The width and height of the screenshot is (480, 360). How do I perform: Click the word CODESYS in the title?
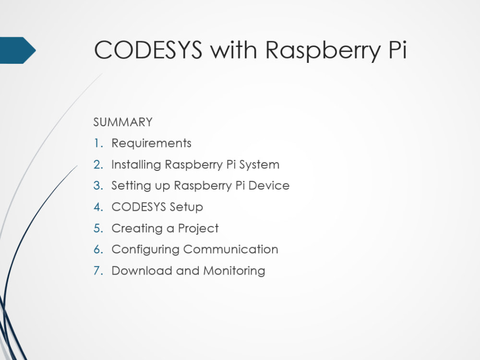point(148,50)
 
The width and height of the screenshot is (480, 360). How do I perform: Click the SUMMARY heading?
point(123,122)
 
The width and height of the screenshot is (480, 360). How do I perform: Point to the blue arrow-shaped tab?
point(17,50)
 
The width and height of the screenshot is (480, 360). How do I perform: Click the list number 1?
point(98,143)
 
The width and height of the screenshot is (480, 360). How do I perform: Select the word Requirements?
point(151,143)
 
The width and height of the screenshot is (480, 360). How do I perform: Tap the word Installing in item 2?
point(136,165)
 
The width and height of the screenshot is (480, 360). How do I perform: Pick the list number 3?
point(98,186)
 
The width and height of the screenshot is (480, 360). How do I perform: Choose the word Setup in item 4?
point(186,207)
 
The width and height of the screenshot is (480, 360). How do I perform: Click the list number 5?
point(98,228)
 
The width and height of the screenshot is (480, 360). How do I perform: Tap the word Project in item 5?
point(198,228)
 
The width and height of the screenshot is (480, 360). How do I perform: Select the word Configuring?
point(145,250)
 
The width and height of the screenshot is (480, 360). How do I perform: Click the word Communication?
point(231,249)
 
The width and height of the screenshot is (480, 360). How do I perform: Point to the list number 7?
point(98,271)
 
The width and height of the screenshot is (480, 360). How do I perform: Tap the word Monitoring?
point(234,271)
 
